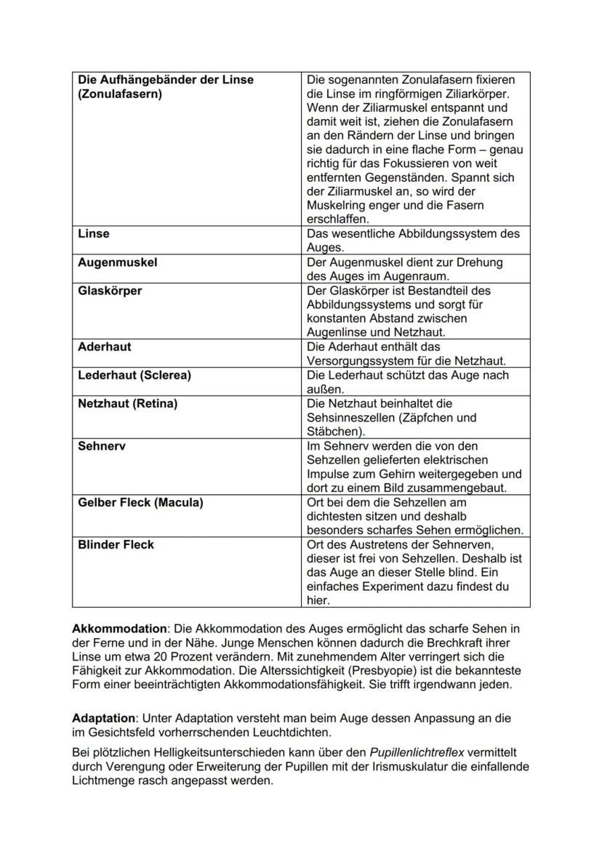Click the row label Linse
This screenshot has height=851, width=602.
tap(94, 234)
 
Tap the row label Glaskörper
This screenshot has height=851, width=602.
tap(110, 291)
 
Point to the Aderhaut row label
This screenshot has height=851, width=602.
tap(105, 347)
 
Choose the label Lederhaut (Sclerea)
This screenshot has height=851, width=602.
tap(134, 376)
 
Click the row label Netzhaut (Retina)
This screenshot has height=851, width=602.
tap(127, 403)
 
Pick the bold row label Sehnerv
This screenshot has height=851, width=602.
tap(101, 446)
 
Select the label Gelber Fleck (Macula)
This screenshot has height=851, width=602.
tap(140, 502)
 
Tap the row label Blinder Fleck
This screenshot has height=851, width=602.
tap(116, 544)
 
